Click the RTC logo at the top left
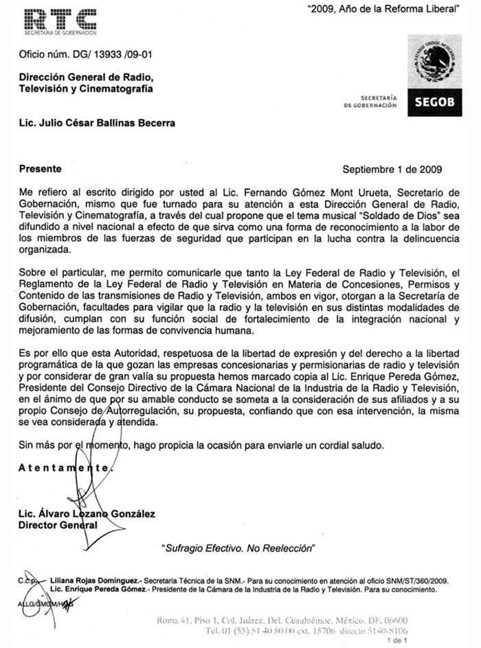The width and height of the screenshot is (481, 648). point(60,21)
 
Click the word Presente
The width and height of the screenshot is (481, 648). point(41,168)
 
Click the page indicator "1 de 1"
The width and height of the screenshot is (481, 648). point(398,640)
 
